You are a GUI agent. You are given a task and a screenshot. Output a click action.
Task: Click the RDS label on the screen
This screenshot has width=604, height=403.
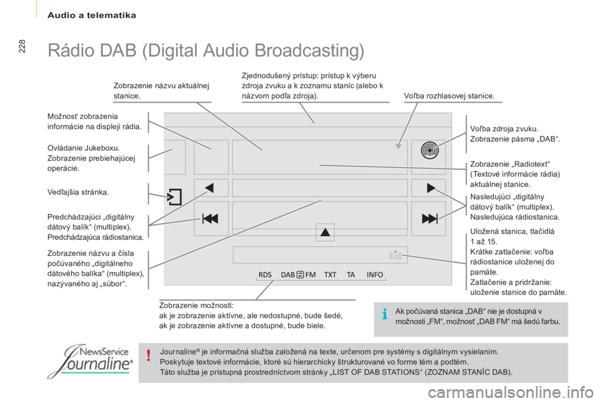tap(265, 275)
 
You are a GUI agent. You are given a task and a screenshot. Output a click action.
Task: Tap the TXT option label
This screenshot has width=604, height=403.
tap(330, 275)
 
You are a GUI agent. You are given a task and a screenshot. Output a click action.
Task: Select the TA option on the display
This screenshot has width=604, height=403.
tap(350, 275)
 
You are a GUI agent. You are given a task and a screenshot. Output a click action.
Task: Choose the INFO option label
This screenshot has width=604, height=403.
tap(375, 275)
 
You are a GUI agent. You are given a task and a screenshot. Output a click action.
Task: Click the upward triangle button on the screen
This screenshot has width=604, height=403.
tap(325, 232)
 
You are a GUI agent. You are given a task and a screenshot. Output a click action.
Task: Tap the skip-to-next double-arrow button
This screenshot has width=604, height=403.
tap(430, 219)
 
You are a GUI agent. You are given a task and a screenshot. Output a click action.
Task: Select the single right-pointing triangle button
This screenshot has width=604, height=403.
tap(431, 188)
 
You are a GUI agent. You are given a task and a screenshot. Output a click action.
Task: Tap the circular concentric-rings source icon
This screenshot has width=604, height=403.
tap(430, 150)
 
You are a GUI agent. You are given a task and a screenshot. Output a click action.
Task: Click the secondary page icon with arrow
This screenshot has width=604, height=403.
tap(174, 196)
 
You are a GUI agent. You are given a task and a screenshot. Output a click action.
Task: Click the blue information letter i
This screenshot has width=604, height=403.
tap(384, 314)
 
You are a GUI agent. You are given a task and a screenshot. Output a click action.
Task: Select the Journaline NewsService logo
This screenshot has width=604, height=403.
tap(91, 361)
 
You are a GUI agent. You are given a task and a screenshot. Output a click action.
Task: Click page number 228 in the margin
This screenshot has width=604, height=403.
tap(21, 46)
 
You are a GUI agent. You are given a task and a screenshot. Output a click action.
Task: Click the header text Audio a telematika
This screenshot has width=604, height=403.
tap(92, 15)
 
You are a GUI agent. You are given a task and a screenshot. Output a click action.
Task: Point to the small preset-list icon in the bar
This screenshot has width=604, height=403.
tap(396, 255)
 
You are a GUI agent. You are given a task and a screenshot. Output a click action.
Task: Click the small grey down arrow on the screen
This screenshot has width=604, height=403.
tap(399, 146)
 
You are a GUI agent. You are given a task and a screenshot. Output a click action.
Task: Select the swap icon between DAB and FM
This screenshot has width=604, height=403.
tap(301, 275)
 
